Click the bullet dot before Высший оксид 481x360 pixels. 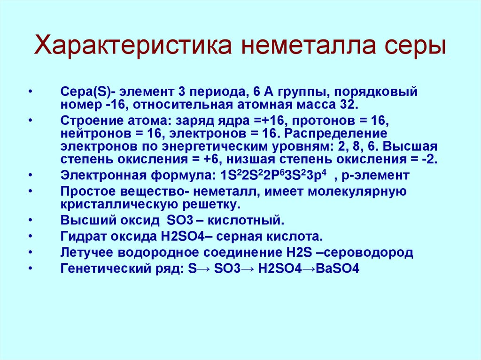click(x=31, y=221)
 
